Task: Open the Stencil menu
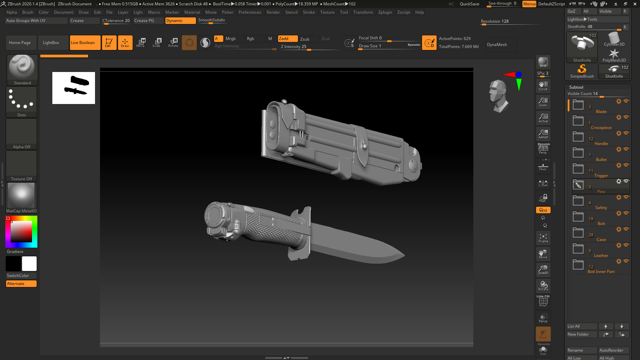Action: [291, 12]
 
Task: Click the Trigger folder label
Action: [601, 176]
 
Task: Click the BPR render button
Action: [543, 62]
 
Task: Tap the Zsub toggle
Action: [305, 39]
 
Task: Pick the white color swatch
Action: [29, 264]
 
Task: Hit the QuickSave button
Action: [469, 4]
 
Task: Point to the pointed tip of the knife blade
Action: [404, 256]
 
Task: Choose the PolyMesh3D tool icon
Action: [614, 55]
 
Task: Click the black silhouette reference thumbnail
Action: [74, 88]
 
